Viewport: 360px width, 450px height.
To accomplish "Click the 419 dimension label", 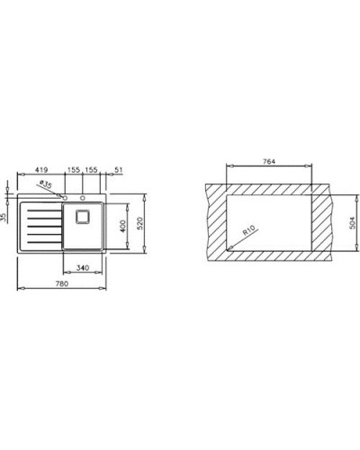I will (41, 168).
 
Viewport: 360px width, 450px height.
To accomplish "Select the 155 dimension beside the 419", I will (74, 168).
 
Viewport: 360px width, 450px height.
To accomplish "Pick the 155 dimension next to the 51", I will (92, 168).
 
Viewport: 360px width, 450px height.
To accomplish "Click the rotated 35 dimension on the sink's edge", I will (4, 216).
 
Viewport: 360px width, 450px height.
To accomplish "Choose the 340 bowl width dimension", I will (82, 267).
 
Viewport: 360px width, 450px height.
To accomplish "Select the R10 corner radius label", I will (249, 232).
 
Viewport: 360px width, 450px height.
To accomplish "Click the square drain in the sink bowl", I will (84, 216).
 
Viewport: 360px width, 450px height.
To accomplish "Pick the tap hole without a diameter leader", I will (83, 194).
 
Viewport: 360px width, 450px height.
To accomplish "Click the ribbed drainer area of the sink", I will (40, 227).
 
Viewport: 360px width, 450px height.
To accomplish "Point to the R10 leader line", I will (238, 240).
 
